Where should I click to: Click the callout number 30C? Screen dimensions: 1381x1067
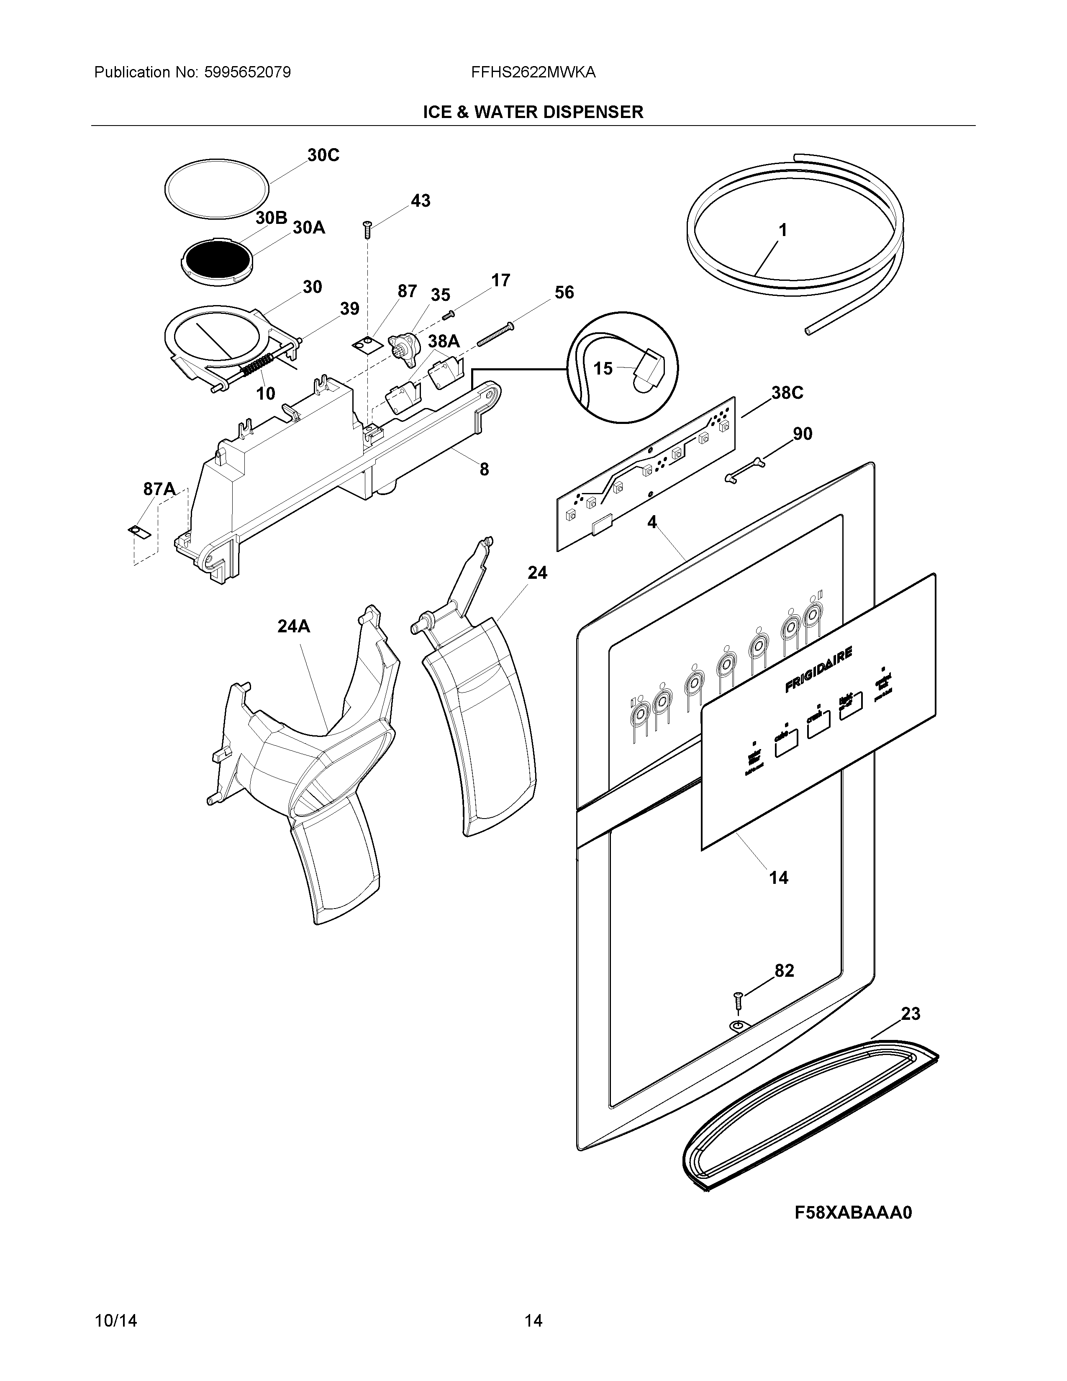coord(323,156)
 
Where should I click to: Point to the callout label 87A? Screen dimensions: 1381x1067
coord(159,489)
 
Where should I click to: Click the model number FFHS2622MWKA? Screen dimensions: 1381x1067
coord(533,72)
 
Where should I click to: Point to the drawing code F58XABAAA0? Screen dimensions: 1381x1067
coord(853,1213)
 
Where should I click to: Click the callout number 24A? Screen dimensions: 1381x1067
coord(294,626)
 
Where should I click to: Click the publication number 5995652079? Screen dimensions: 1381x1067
coord(247,72)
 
